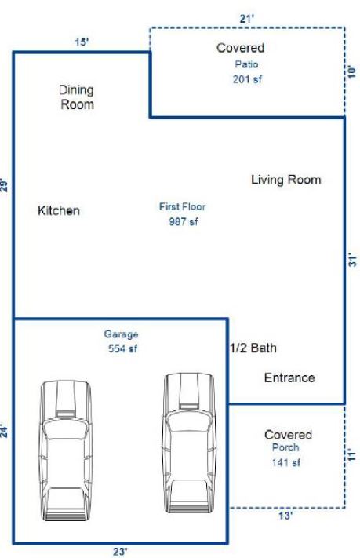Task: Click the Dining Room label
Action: pos(77,97)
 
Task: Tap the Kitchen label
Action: pos(59,210)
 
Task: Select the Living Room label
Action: pos(286,180)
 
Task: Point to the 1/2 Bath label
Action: pos(253,348)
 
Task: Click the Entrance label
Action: pos(289,377)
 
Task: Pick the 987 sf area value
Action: pos(184,221)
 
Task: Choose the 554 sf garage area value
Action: pos(122,348)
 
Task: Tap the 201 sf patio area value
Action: pos(247,79)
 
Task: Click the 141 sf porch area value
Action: pos(286,462)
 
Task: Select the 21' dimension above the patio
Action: pos(247,19)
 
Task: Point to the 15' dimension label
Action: pos(82,42)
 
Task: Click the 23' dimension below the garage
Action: pos(120,551)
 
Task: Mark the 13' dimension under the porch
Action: pos(285,516)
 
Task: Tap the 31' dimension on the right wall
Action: pos(352,260)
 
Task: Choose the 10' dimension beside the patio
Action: pos(351,72)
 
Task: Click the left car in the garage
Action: pos(65,450)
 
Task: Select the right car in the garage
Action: pos(189,443)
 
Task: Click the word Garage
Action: pos(121,334)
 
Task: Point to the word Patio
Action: pos(246,64)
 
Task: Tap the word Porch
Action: pos(285,447)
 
